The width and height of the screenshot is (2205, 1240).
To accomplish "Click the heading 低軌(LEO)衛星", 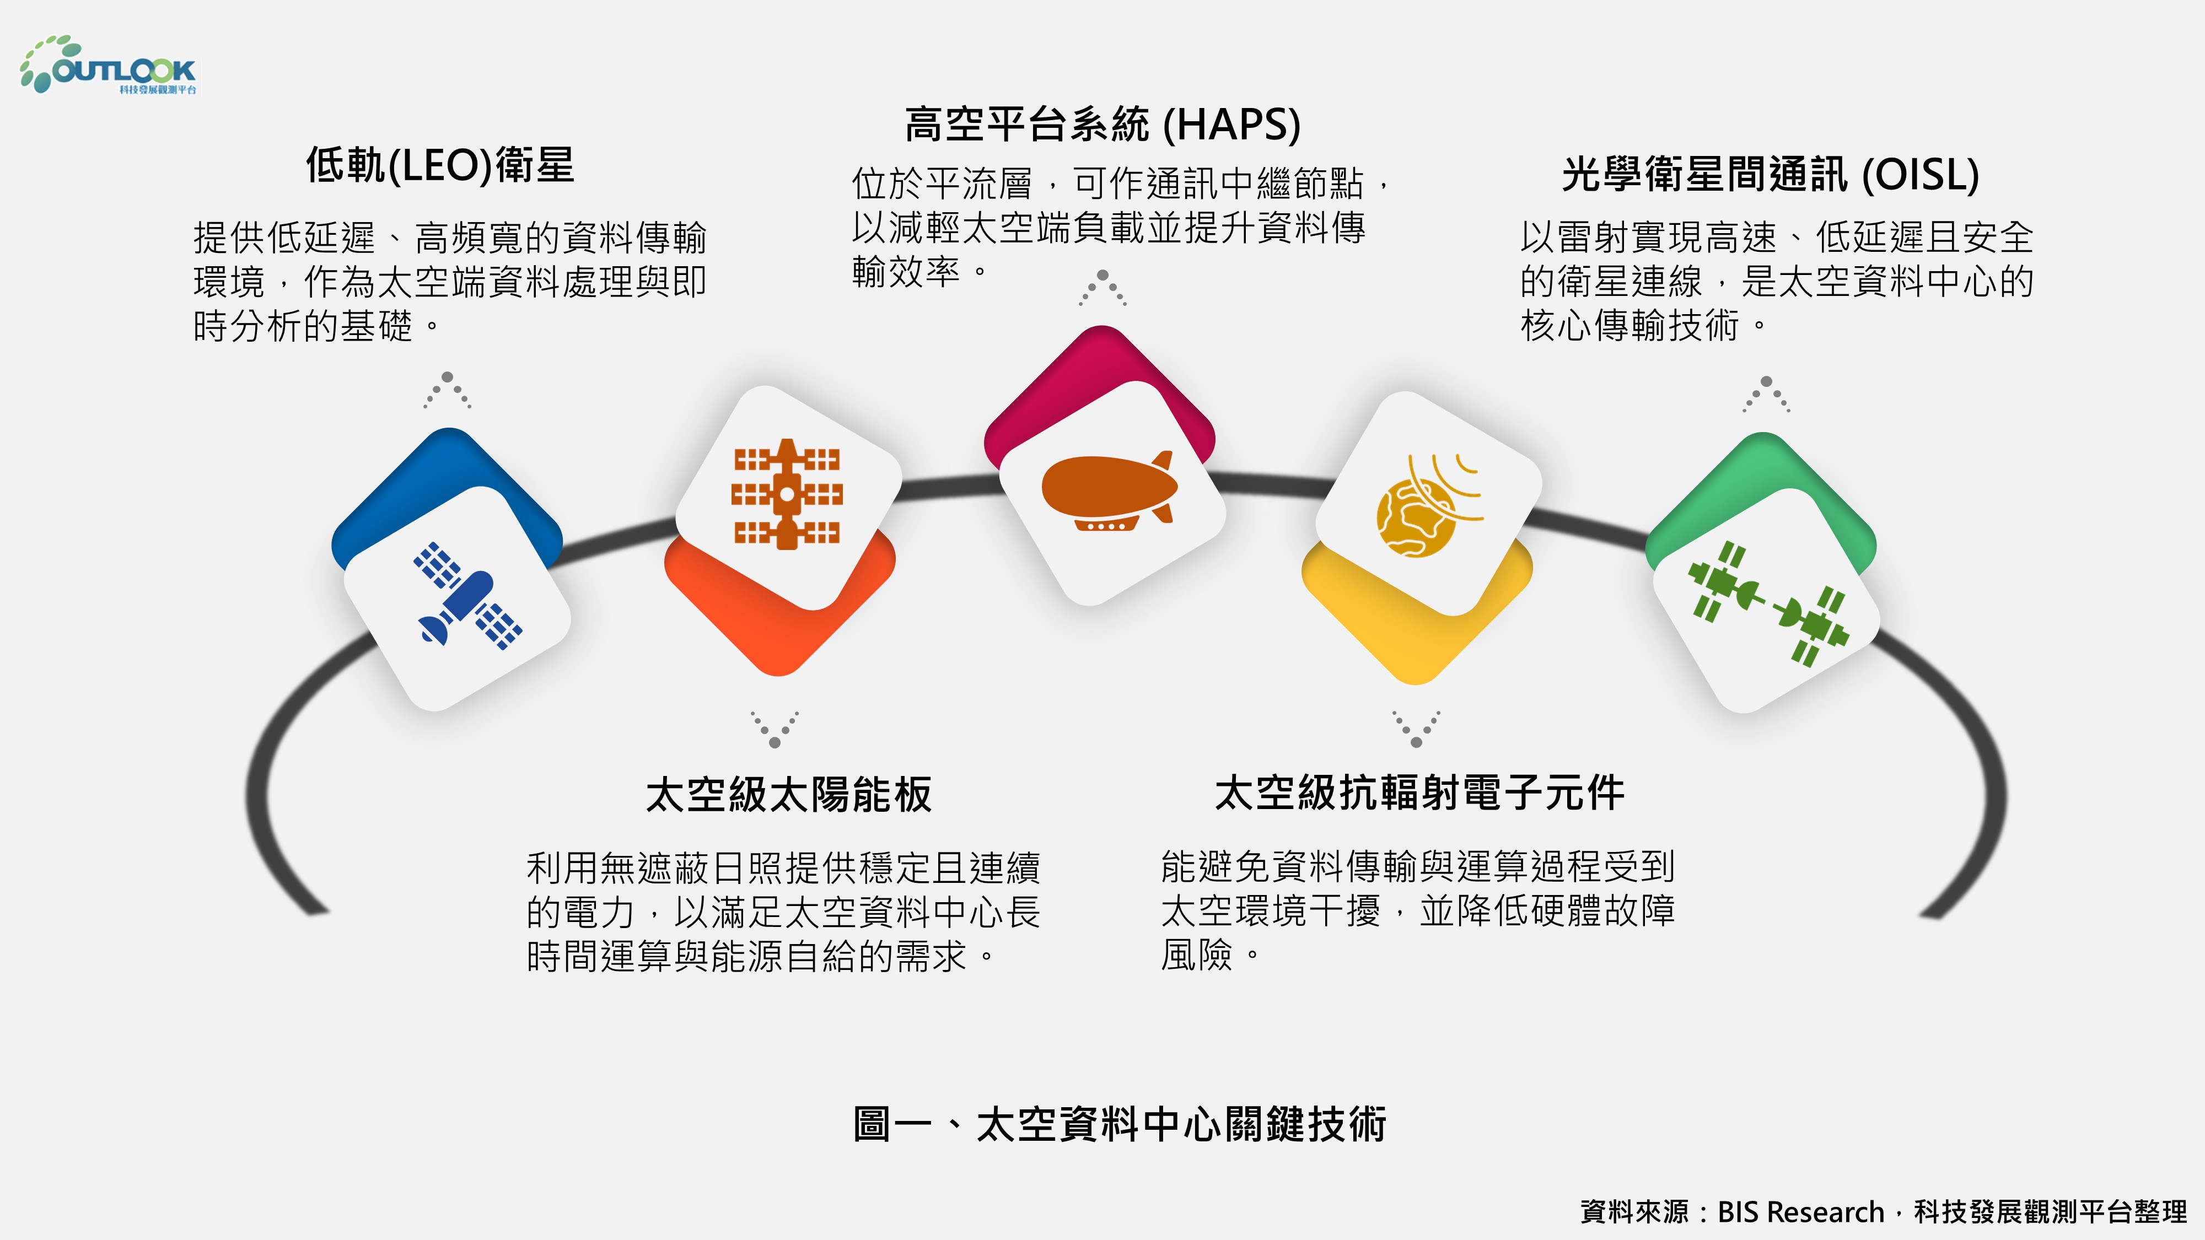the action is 440,165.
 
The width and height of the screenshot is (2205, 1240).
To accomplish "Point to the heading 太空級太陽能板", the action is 788,794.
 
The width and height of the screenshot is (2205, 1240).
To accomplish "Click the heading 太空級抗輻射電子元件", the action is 1419,792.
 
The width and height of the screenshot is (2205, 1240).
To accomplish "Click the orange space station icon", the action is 787,494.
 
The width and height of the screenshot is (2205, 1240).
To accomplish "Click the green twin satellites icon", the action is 1768,602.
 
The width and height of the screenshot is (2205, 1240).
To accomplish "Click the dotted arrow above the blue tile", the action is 447,390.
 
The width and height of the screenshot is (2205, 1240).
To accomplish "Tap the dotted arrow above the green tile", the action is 1766,393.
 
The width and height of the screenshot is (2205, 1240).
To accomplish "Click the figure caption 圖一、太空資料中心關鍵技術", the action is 1120,1124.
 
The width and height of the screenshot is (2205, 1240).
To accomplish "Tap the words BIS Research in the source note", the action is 1801,1212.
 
